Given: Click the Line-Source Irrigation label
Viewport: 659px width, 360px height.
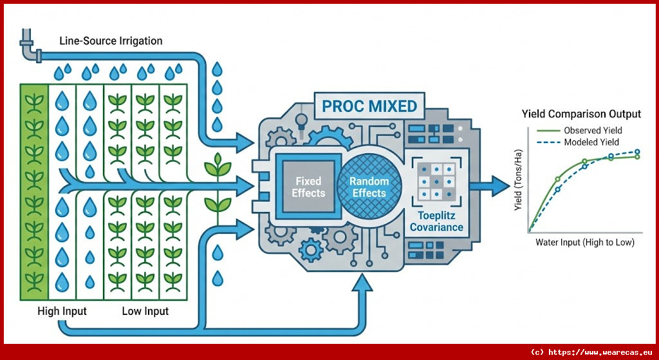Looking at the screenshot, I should click(x=111, y=41).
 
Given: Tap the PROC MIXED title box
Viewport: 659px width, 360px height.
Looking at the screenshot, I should click(x=369, y=106).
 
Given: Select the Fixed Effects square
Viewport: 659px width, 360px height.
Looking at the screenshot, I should click(x=308, y=187).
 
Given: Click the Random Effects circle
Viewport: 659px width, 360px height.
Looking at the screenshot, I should click(x=369, y=187).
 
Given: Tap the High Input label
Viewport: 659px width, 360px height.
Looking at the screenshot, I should click(x=62, y=312).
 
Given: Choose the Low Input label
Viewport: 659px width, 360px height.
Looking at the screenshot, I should click(x=145, y=312).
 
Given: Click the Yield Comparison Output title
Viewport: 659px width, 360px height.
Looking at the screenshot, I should click(x=581, y=114).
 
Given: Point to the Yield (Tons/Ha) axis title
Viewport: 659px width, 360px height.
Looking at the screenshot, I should click(x=518, y=187).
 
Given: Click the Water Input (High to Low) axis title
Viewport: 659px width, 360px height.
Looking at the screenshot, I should click(x=584, y=243).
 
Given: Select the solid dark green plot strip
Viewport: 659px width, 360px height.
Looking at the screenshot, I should click(x=33, y=191).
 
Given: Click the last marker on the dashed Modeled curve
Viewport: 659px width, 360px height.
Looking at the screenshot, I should click(x=637, y=153).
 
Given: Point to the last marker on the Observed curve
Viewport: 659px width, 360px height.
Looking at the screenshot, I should click(x=637, y=157).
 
